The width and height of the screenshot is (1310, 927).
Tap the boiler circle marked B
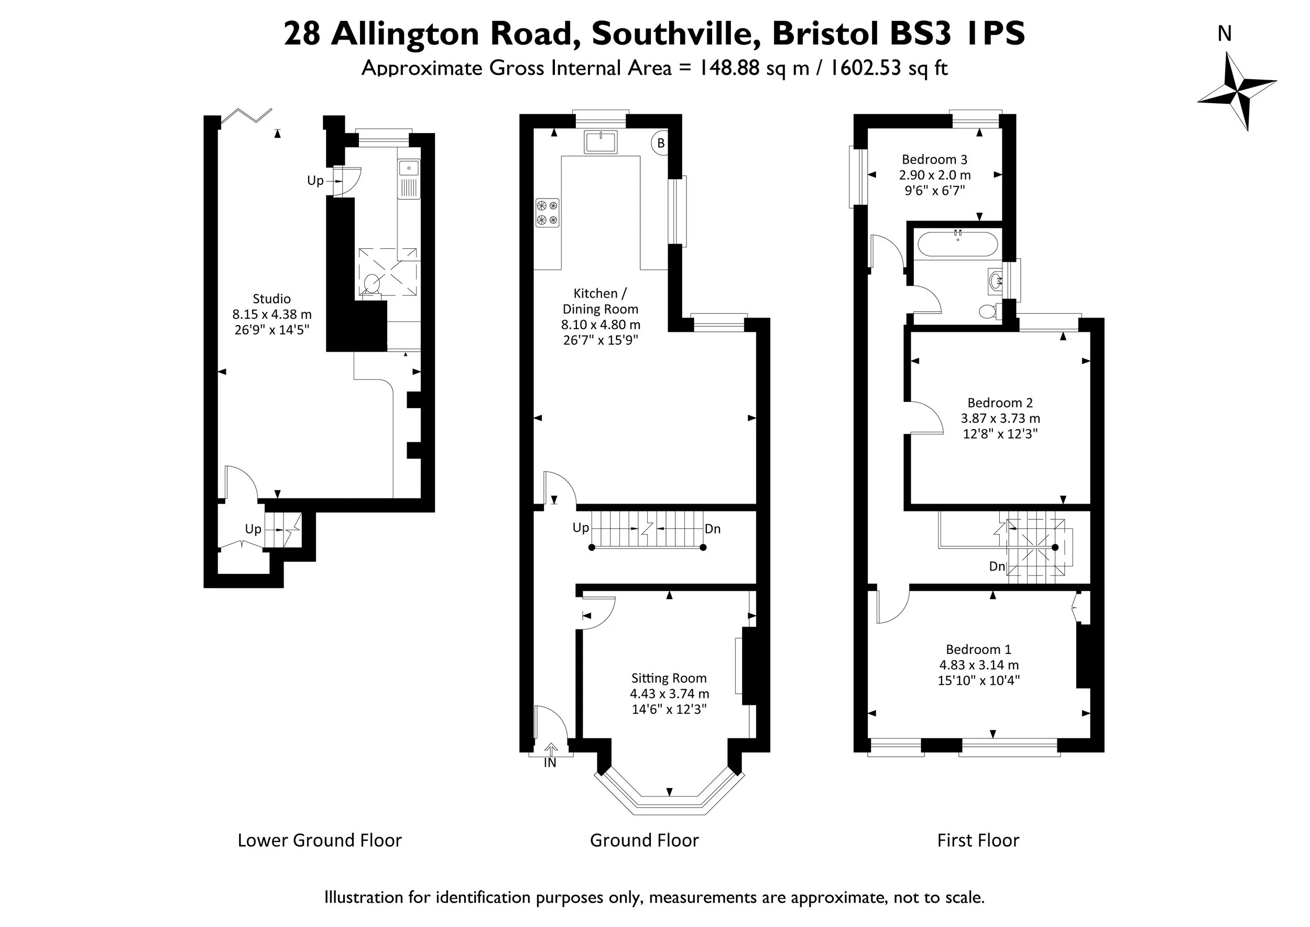pyautogui.click(x=660, y=143)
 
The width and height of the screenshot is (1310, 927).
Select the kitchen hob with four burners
pyautogui.click(x=547, y=212)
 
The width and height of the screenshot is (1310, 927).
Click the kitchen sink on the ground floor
pyautogui.click(x=601, y=141)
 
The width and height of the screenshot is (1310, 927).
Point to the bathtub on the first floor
pyautogui.click(x=958, y=244)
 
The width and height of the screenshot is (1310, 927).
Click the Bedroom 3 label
pyautogui.click(x=934, y=159)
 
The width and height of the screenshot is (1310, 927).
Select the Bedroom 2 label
pyautogui.click(x=1000, y=402)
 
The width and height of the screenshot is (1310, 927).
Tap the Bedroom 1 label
pyautogui.click(x=978, y=649)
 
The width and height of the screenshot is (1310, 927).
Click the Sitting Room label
pyautogui.click(x=669, y=678)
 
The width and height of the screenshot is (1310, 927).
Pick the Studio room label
pyautogui.click(x=272, y=299)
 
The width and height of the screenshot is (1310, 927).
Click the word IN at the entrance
pyautogui.click(x=550, y=762)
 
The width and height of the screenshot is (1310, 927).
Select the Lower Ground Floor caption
pyautogui.click(x=320, y=840)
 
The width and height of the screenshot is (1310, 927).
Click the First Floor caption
pyautogui.click(x=978, y=840)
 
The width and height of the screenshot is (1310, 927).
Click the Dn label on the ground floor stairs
pyautogui.click(x=712, y=529)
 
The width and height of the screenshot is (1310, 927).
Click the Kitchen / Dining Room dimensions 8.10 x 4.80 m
pyautogui.click(x=601, y=325)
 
